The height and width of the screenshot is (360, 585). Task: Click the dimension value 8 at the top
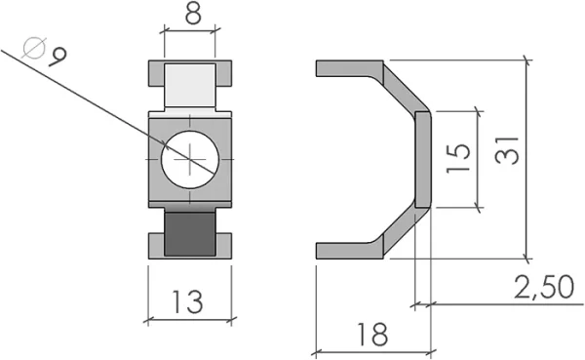(193, 15)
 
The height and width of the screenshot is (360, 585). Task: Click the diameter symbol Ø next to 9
(34, 48)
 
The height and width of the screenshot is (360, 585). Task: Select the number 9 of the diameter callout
(58, 57)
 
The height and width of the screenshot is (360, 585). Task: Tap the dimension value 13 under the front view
(187, 301)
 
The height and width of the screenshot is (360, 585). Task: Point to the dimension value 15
(458, 158)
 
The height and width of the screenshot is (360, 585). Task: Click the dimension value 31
(507, 151)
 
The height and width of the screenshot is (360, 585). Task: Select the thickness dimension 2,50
(544, 288)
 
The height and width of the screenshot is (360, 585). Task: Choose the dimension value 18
(372, 335)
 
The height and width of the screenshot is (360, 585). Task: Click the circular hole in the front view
(190, 159)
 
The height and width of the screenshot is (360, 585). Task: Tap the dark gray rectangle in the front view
(190, 234)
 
